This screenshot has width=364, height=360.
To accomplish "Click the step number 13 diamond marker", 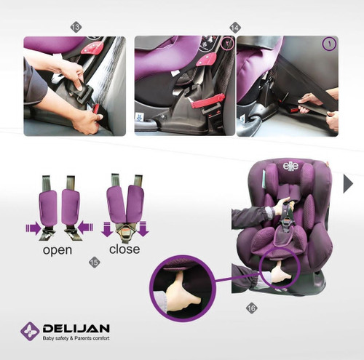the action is pyautogui.click(x=76, y=27).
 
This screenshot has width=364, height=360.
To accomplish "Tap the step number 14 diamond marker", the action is pyautogui.click(x=235, y=28).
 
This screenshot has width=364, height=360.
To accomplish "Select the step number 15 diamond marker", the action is pyautogui.click(x=95, y=262).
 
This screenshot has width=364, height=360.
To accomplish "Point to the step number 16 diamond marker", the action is pyautogui.click(x=251, y=308).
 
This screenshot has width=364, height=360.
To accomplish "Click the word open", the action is pyautogui.click(x=58, y=250).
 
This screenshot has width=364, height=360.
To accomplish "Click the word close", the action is pyautogui.click(x=124, y=249).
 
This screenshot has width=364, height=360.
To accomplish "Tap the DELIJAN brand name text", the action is pyautogui.click(x=76, y=329).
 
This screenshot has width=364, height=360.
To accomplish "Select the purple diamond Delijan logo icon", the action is pyautogui.click(x=30, y=332).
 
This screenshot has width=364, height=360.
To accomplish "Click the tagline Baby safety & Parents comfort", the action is pyautogui.click(x=76, y=338).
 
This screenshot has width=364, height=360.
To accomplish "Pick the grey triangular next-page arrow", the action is pyautogui.click(x=347, y=184).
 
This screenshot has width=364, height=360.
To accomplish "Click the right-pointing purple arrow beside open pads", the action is pyautogui.click(x=33, y=228).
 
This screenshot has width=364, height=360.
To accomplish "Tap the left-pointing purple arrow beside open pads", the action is pyautogui.click(x=85, y=228).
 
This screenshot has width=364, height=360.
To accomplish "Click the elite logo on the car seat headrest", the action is pyautogui.click(x=290, y=166).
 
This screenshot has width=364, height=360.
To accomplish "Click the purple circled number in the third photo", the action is pyautogui.click(x=329, y=44).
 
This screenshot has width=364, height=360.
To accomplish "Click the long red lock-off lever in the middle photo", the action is pyautogui.click(x=208, y=100).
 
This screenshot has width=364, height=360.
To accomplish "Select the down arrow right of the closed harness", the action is pyautogui.click(x=143, y=228).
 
